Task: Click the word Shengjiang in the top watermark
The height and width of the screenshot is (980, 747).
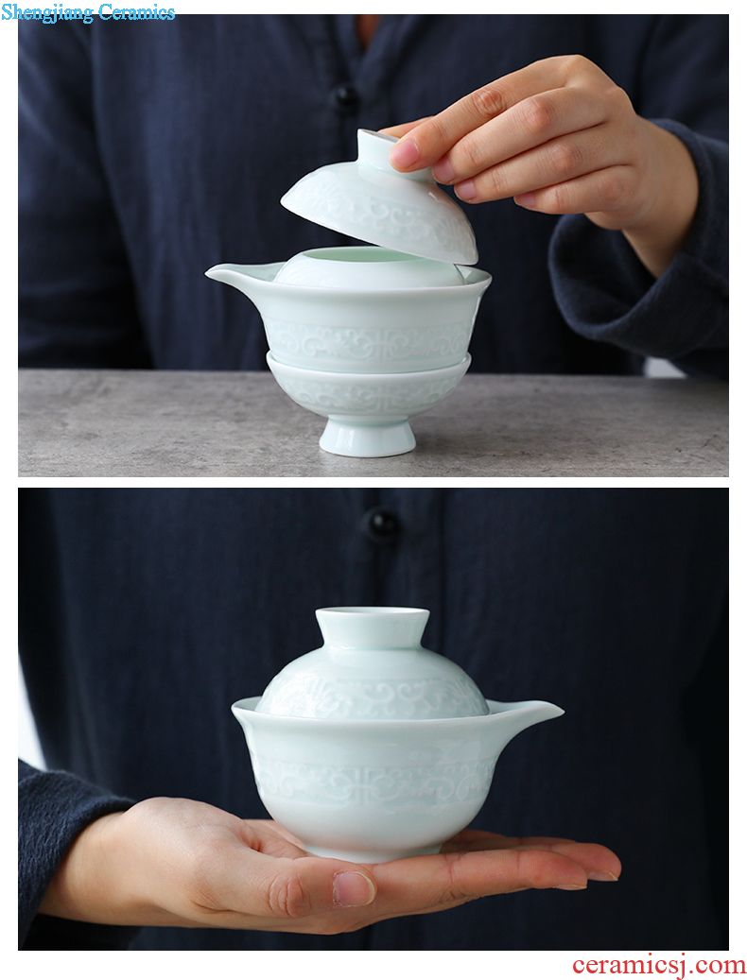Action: pyautogui.click(x=47, y=12)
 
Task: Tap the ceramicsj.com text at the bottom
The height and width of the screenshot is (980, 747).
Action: pyautogui.click(x=658, y=965)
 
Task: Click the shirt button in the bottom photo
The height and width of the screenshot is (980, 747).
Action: pyautogui.click(x=382, y=524)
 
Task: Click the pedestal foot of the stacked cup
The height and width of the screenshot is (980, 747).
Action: pyautogui.click(x=367, y=437)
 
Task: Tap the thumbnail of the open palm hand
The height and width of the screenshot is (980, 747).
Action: pyautogui.click(x=354, y=888)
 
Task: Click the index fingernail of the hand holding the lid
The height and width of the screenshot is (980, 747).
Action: pyautogui.click(x=404, y=152)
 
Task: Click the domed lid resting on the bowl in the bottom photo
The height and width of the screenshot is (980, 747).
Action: pyautogui.click(x=373, y=665)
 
